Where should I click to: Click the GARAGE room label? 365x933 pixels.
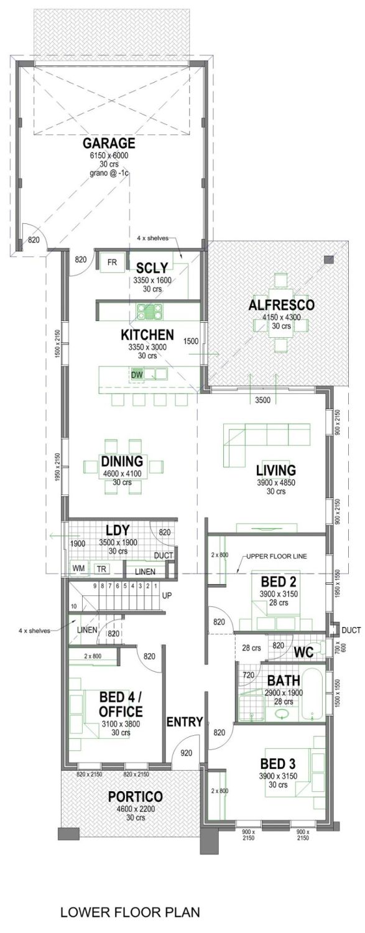109,144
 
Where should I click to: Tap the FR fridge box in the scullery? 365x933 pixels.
113,261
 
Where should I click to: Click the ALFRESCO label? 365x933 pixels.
281,305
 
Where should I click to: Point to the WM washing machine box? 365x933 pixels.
78,569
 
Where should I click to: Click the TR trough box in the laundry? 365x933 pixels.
100,569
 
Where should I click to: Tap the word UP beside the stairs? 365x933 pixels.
167,595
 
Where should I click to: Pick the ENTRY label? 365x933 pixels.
184,722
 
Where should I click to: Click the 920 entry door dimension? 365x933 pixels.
186,753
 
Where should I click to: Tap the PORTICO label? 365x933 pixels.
135,797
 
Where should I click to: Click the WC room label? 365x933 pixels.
303,652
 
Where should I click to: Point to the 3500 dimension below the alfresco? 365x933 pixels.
262,400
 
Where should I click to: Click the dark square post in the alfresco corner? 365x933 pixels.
329,259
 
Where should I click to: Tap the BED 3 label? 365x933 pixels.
277,764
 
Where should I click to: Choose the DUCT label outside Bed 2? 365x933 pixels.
351,630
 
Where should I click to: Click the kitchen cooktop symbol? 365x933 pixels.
149,309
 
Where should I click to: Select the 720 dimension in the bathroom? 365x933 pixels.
247,674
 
